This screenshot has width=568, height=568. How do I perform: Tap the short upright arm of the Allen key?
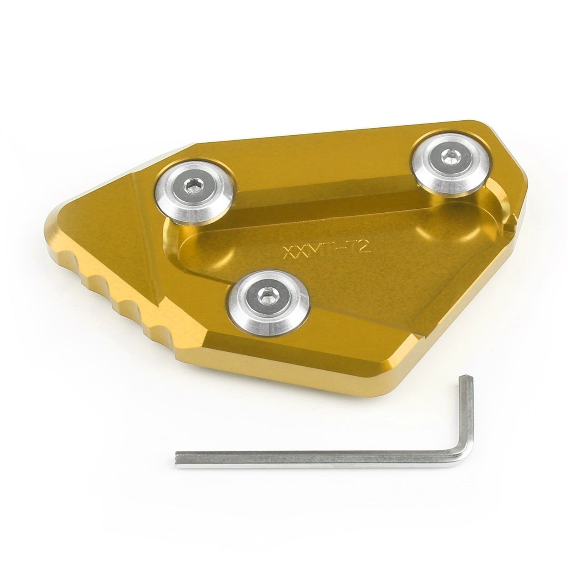[x=466, y=417]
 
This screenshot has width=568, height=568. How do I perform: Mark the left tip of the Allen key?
[x=178, y=458]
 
